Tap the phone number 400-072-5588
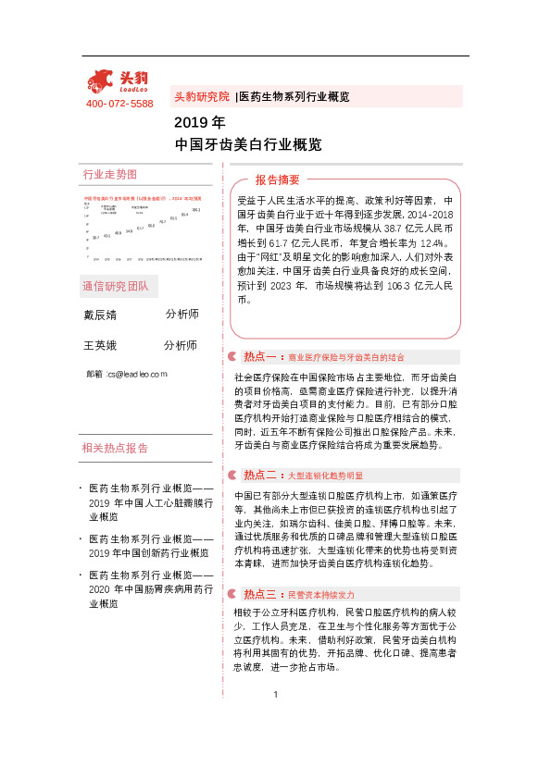pos(119,104)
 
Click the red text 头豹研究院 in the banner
pos(201,96)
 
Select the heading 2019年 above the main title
pos(199,122)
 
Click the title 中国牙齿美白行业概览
pos(247,144)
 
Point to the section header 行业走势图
pos(109,174)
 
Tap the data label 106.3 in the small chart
pos(196,210)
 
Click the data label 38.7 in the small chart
pos(95,238)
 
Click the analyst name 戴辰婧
pos(100,315)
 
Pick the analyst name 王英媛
pos(100,346)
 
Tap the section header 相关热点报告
pos(115,449)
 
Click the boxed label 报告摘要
pos(277,179)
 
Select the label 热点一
pos(260,356)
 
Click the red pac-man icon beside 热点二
pos(232,475)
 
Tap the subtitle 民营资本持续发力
pos(320,594)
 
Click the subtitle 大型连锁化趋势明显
pos(325,476)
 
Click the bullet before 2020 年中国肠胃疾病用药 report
pos(82,575)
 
